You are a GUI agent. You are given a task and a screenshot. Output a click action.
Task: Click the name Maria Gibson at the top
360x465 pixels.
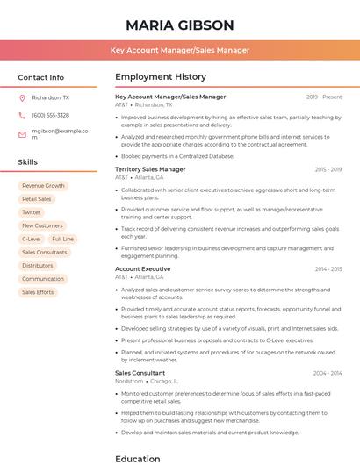click(x=180, y=25)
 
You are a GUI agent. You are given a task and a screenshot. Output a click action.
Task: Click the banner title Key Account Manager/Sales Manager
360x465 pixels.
click(x=180, y=51)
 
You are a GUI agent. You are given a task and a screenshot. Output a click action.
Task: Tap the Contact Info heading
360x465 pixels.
click(x=40, y=77)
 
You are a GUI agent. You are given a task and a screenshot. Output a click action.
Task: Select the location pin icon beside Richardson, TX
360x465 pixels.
click(x=22, y=97)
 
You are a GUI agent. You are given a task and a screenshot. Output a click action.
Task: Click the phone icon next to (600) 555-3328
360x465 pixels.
click(x=22, y=115)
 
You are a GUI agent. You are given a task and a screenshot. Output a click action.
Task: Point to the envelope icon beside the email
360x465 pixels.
click(x=22, y=134)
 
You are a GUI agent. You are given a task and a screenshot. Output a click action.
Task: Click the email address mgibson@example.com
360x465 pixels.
click(x=61, y=134)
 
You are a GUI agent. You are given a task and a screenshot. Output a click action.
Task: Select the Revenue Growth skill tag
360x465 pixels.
click(x=43, y=186)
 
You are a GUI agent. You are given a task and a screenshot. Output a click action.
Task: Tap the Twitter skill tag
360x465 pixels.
click(x=32, y=212)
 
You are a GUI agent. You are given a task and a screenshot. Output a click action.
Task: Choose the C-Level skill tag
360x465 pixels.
click(x=32, y=239)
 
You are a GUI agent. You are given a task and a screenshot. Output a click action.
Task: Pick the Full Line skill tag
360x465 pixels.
click(x=62, y=239)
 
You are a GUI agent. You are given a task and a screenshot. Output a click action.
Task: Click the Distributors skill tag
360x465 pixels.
click(x=38, y=265)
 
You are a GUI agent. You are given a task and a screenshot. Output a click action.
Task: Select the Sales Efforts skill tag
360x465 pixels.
click(x=38, y=292)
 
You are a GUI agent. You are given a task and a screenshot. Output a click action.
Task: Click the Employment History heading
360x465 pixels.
click(x=160, y=77)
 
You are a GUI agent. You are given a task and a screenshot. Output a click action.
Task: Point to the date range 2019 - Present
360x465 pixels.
click(x=324, y=97)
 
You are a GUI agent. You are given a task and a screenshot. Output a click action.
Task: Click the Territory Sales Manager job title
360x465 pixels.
click(x=150, y=169)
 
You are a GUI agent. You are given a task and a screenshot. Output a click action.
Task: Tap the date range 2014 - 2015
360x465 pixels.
click(x=328, y=269)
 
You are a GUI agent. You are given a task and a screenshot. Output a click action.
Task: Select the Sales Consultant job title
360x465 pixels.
click(x=140, y=373)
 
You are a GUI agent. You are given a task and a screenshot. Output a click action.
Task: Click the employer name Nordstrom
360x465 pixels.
click(x=129, y=382)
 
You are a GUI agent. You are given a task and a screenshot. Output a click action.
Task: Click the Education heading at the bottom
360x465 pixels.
click(x=138, y=458)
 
